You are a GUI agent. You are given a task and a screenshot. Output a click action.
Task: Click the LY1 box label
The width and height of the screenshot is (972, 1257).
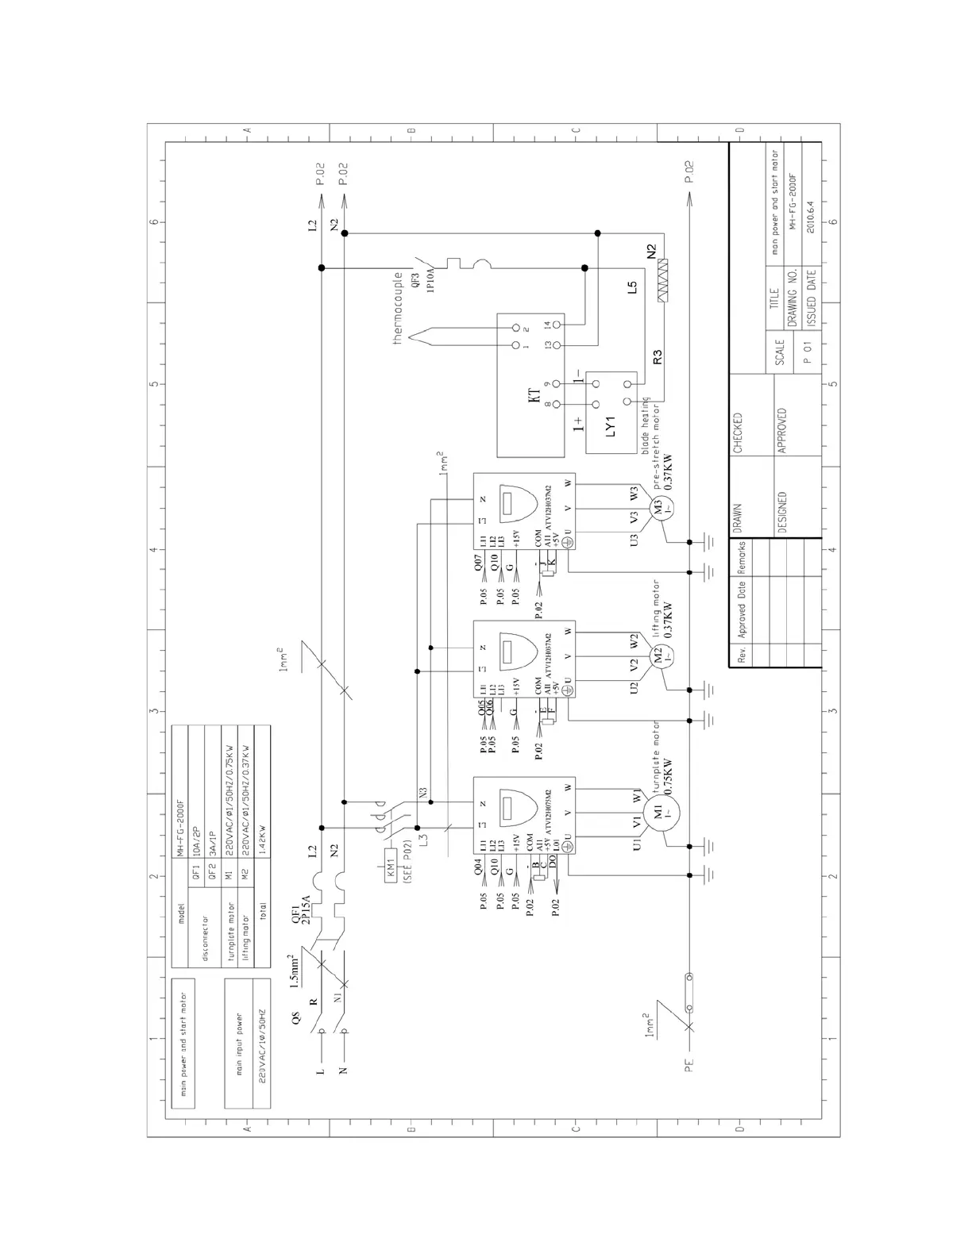point(611,430)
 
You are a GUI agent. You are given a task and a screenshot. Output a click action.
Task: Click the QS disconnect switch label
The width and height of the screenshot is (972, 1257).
point(296,1018)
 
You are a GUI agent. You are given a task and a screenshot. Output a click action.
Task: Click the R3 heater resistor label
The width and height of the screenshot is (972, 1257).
point(657,357)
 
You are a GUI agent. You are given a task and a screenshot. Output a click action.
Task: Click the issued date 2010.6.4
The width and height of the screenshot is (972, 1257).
point(810,212)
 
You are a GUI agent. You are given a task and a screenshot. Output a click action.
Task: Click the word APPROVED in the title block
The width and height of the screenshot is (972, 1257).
point(782,431)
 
